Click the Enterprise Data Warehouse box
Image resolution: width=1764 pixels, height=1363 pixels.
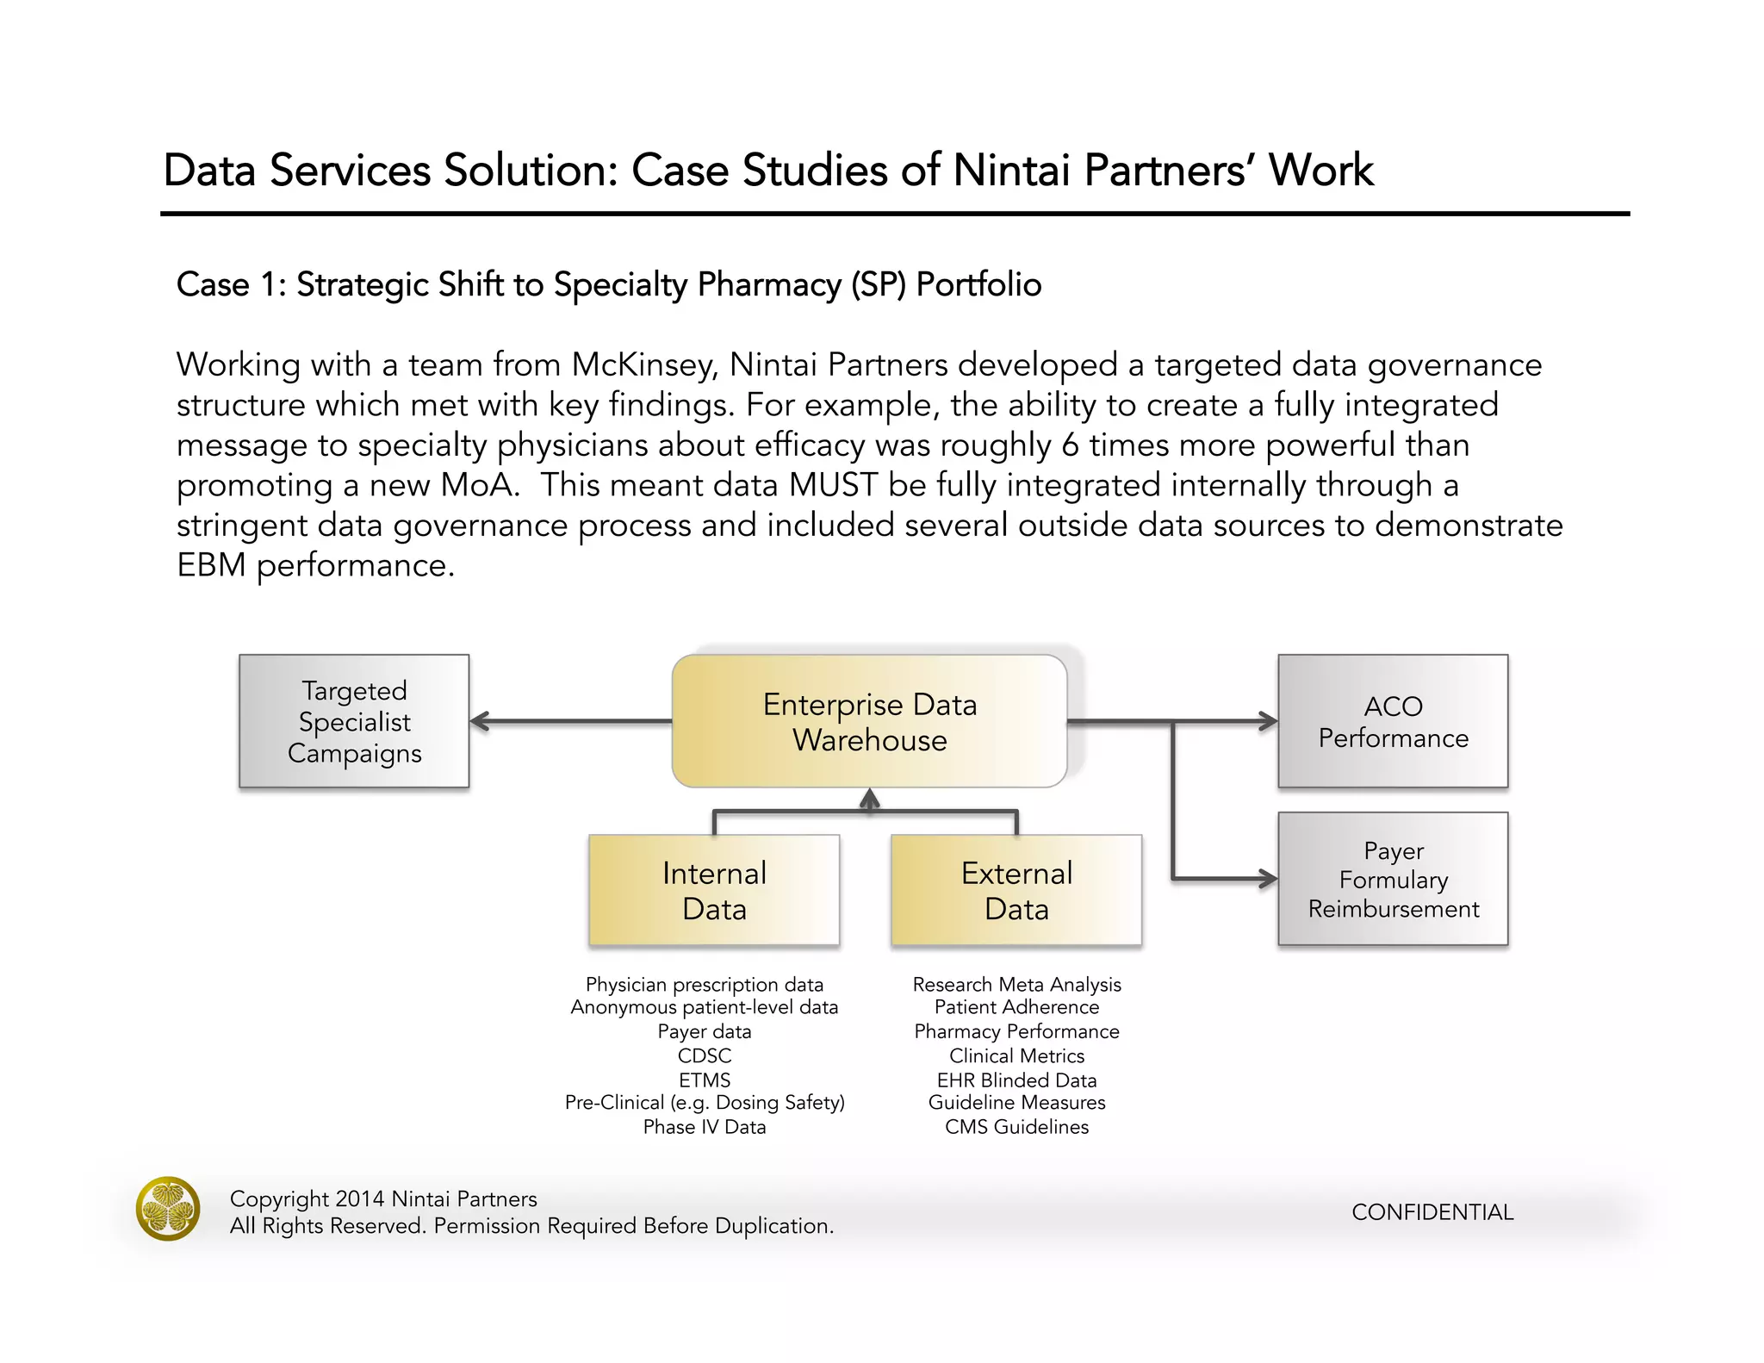coord(869,721)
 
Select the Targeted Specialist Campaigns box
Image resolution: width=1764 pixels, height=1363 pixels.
coord(354,721)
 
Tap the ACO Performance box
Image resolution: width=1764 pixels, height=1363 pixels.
coord(1393,721)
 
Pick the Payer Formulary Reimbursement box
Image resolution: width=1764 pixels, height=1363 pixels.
coord(1393,879)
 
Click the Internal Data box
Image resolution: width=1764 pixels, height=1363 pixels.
coord(714,890)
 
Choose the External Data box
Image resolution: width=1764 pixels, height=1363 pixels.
coord(1016,890)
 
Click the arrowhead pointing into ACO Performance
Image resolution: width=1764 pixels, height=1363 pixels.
coord(1268,721)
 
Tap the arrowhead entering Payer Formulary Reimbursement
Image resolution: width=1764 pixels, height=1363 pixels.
coord(1268,879)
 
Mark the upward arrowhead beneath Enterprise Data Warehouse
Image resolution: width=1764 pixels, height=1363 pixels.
coord(869,799)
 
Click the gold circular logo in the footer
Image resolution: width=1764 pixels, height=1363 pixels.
coord(168,1208)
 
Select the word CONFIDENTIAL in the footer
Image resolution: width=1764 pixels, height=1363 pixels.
coord(1432,1212)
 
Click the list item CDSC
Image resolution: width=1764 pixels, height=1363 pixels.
coord(705,1055)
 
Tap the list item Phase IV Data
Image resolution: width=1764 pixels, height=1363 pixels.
coord(705,1127)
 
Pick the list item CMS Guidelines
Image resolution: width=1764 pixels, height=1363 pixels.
coord(1016,1127)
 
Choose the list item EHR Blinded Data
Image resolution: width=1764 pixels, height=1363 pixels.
coord(1016,1080)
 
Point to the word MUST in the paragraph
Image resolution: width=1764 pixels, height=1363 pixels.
coord(833,485)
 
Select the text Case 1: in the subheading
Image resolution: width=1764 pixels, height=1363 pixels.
coord(231,285)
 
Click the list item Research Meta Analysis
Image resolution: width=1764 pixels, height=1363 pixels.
coord(1016,984)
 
